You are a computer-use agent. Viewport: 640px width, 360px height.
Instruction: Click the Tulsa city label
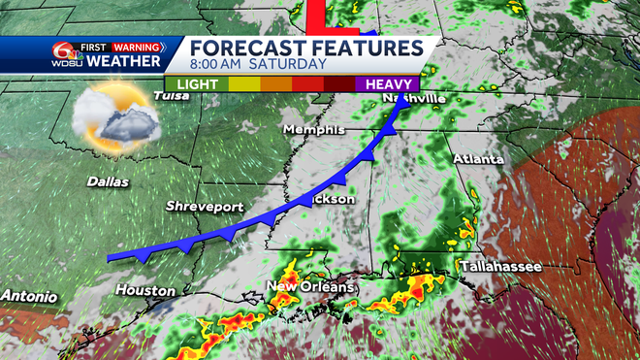(171, 95)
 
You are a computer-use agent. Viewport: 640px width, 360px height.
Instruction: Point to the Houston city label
(144, 290)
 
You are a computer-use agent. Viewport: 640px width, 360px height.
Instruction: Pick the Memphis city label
(314, 130)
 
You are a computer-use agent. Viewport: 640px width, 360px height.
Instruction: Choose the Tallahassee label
(499, 265)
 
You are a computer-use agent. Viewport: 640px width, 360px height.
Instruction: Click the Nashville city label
(414, 98)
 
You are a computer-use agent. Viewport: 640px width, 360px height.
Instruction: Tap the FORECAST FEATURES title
(305, 48)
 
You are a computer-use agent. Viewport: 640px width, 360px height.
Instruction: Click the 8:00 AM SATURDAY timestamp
(258, 64)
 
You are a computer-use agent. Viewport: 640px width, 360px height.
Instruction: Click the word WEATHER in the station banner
(125, 62)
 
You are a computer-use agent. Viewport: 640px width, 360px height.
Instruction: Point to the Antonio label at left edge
(27, 295)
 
